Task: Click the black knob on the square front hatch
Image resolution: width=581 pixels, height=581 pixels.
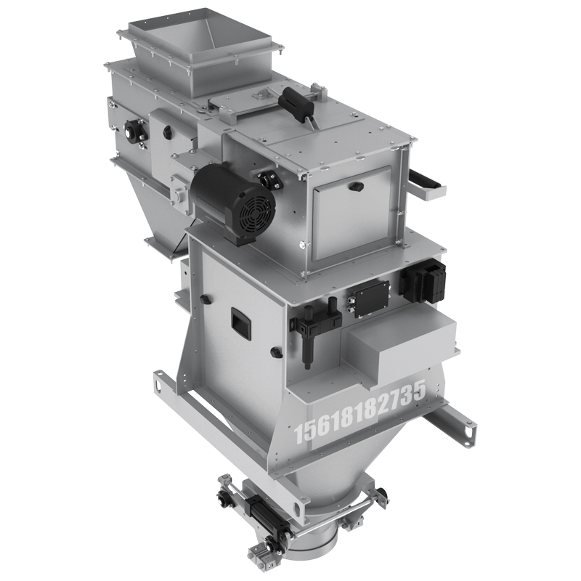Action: (356, 186)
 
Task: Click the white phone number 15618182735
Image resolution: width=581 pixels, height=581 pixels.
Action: (359, 412)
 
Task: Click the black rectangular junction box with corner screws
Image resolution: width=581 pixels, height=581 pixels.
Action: (371, 298)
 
